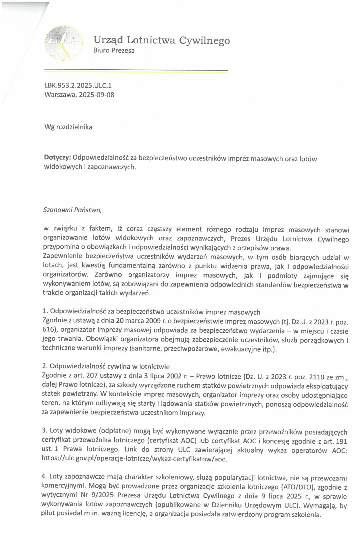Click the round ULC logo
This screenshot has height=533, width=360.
[64, 43]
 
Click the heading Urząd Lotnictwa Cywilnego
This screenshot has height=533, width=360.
[161, 40]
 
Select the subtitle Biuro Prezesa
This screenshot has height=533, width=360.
[114, 50]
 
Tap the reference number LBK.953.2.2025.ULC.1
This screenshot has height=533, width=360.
[78, 85]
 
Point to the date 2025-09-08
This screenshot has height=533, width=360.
[97, 95]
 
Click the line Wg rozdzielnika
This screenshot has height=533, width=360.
[68, 127]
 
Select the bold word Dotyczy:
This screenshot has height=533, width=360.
[57, 158]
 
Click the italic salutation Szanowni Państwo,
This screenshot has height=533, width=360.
[72, 210]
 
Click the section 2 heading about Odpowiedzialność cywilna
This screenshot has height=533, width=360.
[106, 367]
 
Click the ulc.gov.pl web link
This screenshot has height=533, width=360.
[134, 459]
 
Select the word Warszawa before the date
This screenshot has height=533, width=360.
[60, 95]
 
